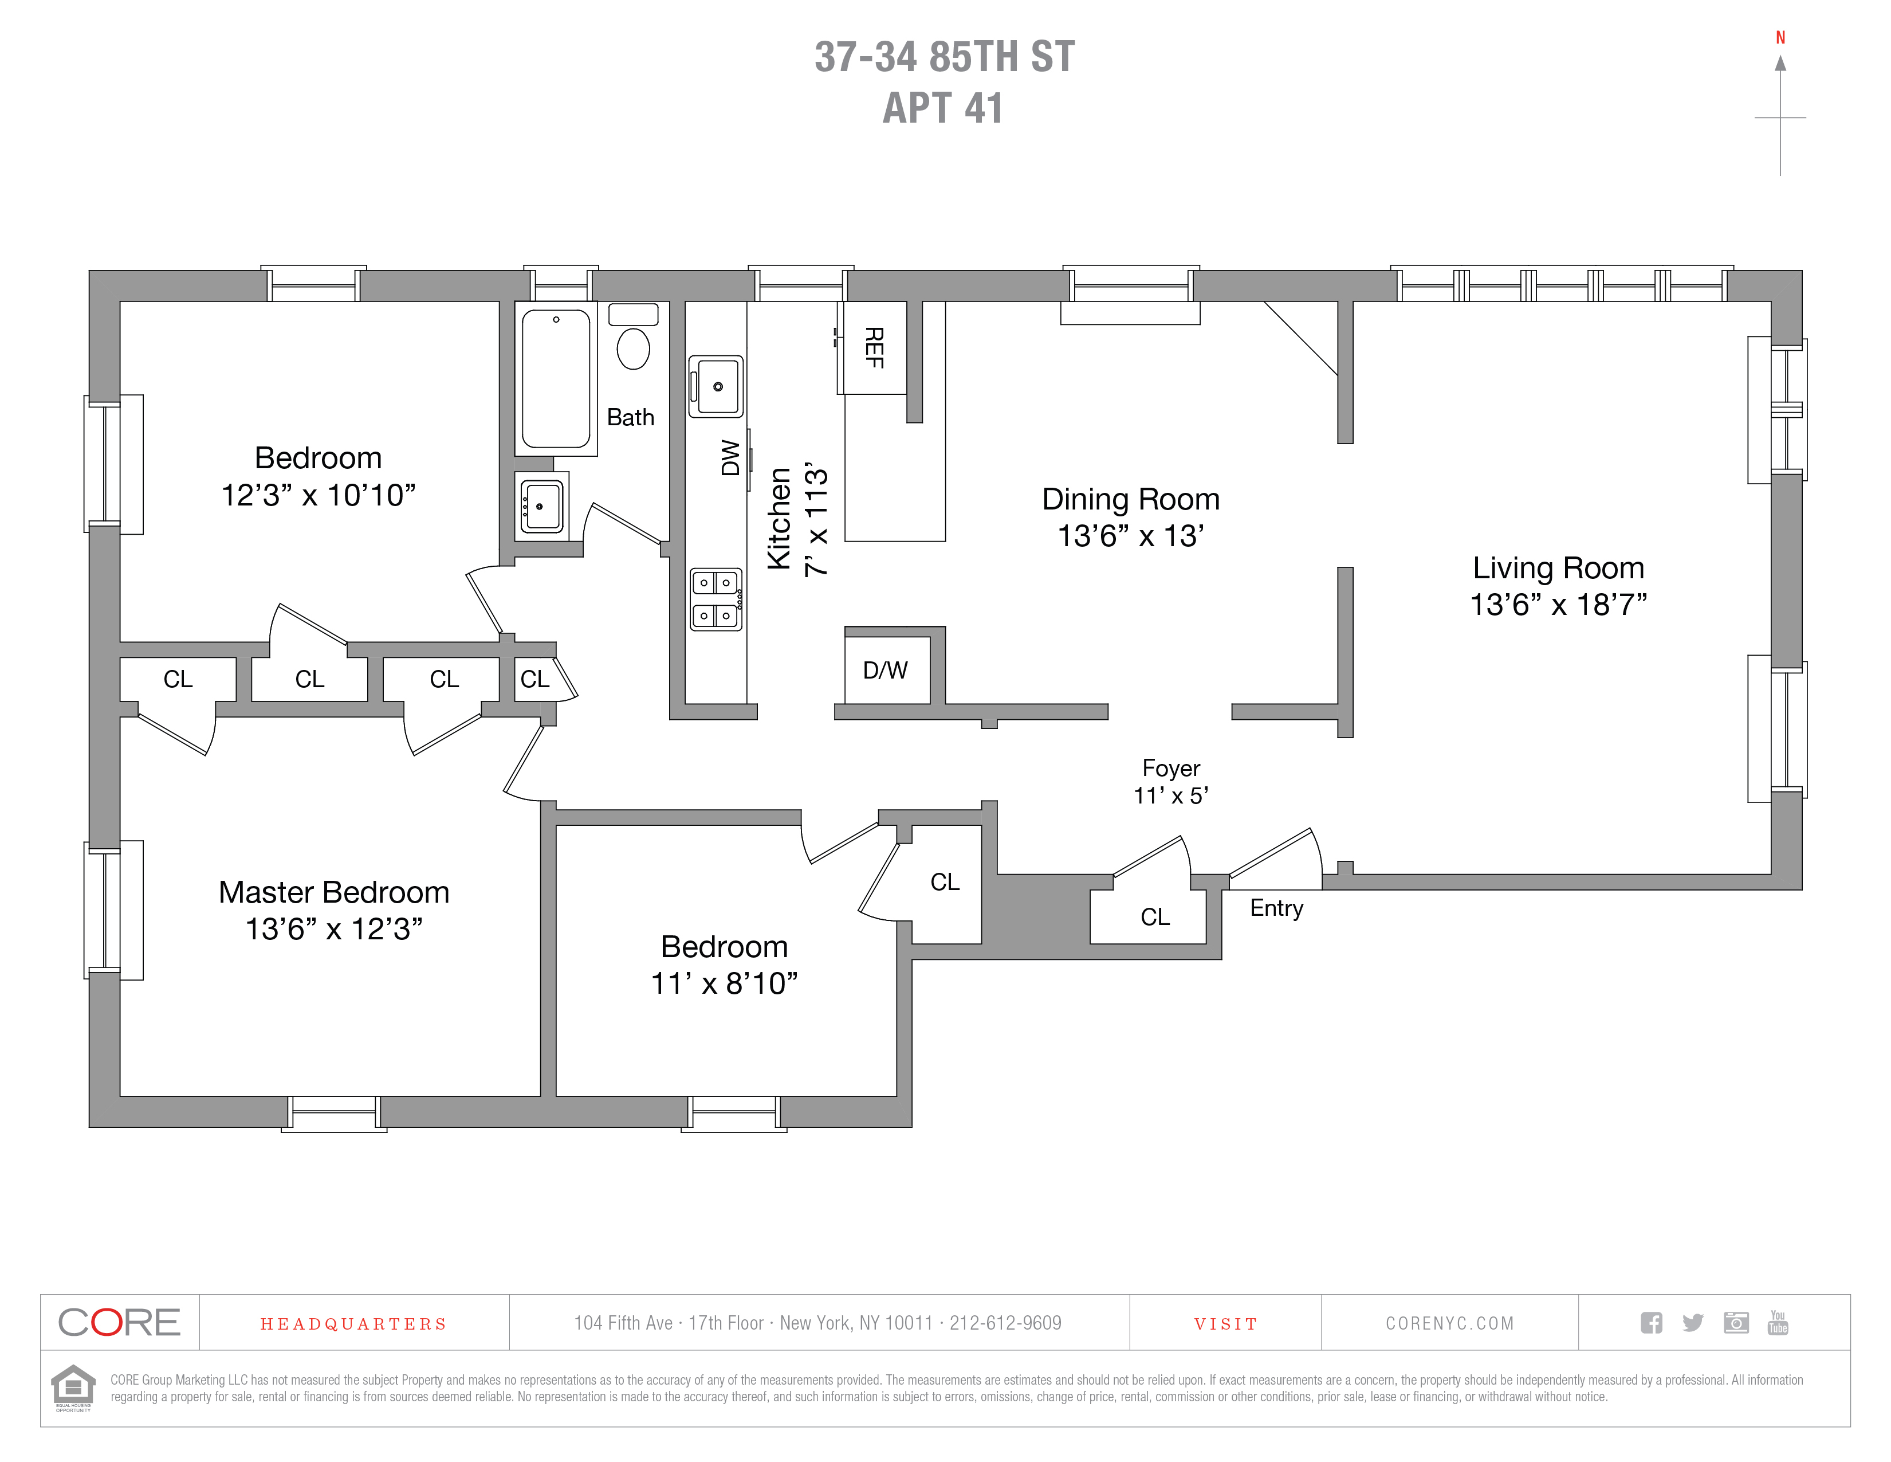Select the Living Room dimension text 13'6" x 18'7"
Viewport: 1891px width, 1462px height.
[1559, 605]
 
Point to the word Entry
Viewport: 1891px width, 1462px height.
[1276, 908]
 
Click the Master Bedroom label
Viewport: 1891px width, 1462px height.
[333, 892]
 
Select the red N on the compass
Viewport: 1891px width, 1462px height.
[1780, 37]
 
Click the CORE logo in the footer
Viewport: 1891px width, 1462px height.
[120, 1323]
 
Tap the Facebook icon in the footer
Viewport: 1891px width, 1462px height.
[1651, 1323]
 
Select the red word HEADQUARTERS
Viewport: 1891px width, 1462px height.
[353, 1324]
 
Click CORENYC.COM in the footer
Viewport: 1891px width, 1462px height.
[1449, 1323]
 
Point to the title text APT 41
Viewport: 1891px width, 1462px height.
[943, 108]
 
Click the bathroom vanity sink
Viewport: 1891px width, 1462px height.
[542, 506]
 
